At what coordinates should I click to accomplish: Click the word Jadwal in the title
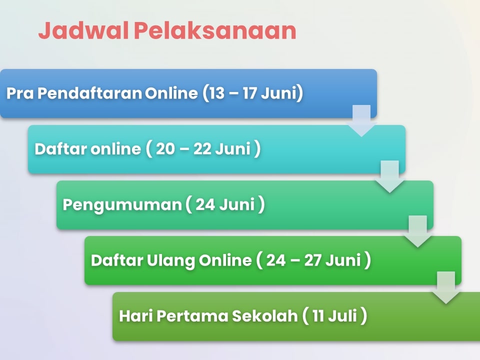point(83,30)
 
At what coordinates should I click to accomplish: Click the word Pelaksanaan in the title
point(215,30)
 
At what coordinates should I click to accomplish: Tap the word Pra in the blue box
point(20,93)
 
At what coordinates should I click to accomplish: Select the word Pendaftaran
point(89,93)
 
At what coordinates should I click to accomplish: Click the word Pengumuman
point(122,205)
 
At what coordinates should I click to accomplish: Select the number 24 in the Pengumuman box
point(205,204)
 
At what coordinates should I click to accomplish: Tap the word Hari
point(135,316)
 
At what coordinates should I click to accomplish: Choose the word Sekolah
point(264,316)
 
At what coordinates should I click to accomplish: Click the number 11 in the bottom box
point(318,316)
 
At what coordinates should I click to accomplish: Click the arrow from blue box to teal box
point(361,120)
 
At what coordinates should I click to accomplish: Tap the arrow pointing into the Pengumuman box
point(389,176)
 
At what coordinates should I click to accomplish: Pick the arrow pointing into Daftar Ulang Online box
point(418,231)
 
